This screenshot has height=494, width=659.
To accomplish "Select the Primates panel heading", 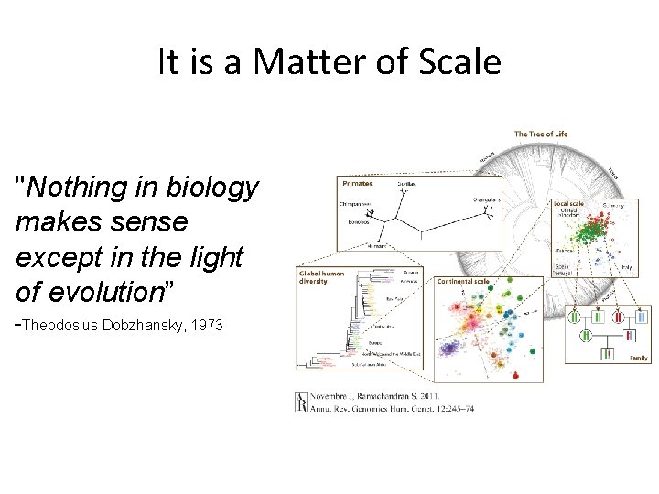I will click(x=358, y=183).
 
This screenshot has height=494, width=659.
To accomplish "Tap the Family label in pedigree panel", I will click(x=638, y=358).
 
